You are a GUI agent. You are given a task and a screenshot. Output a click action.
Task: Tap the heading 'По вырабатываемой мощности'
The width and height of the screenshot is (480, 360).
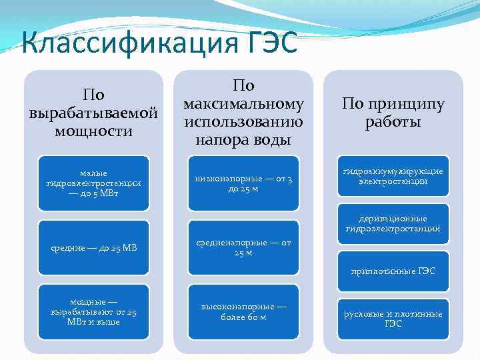[x=93, y=112]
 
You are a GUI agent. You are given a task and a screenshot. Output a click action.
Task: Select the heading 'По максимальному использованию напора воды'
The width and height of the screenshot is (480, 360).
[x=243, y=112]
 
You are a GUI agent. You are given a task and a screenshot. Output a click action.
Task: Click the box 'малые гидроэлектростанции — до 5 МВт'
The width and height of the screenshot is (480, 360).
[x=93, y=183]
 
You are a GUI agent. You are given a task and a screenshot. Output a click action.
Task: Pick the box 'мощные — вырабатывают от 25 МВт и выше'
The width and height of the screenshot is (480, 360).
[x=93, y=311]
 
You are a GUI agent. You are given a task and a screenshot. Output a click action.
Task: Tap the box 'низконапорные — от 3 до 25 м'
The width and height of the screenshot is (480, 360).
[x=243, y=183]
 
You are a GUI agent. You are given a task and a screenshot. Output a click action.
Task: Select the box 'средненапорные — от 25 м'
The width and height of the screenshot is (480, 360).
[x=243, y=248]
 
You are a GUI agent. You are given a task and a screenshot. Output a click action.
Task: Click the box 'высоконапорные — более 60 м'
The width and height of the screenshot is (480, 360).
[x=243, y=311]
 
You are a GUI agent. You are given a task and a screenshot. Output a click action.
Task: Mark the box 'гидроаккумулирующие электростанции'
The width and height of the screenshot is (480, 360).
[x=393, y=177]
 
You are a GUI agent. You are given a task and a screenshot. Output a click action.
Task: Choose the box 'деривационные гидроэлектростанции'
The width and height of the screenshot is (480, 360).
[x=393, y=224]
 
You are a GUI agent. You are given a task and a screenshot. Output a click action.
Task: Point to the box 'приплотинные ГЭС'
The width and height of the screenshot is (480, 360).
[x=393, y=271]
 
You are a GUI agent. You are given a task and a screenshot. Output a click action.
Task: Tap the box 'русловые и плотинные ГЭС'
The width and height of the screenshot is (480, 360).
[x=393, y=319]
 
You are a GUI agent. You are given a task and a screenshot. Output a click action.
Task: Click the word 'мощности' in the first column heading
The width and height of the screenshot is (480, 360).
[x=93, y=131]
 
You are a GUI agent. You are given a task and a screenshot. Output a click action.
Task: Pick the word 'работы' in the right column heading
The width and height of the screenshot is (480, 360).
[x=393, y=122]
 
